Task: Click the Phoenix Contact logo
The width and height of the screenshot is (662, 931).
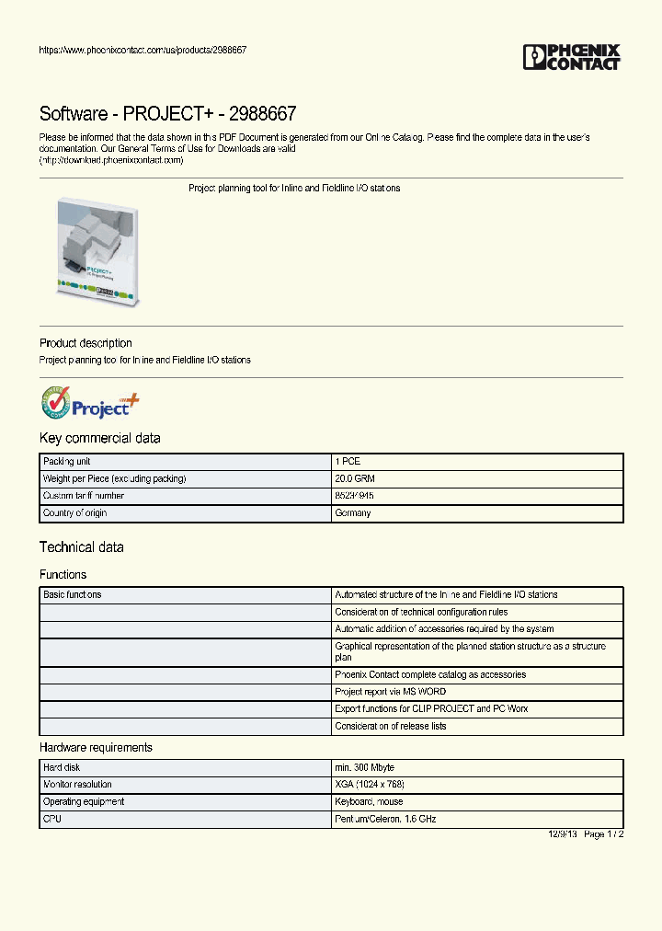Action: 571,57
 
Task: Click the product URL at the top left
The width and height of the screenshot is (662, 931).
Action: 143,50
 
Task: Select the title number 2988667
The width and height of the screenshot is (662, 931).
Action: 263,114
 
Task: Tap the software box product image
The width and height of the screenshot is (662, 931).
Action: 97,251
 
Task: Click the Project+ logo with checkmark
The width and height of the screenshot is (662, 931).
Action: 90,405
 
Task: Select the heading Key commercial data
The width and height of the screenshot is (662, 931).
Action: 99,438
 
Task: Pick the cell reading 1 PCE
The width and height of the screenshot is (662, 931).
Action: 348,462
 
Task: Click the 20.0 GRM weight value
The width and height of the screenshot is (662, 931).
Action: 355,478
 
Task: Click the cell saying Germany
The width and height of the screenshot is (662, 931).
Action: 353,512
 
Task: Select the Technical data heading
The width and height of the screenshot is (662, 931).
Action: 81,547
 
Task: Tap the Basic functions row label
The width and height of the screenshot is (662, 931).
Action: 73,594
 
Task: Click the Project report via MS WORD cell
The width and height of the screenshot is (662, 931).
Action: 391,692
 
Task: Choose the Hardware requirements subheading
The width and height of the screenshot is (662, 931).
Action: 96,747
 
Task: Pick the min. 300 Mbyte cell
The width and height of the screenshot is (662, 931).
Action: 365,767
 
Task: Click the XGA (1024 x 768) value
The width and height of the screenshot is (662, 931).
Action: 370,784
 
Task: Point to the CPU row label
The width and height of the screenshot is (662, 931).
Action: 51,818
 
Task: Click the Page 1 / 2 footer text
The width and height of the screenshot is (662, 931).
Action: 604,833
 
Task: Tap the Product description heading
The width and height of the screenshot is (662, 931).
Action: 86,343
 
